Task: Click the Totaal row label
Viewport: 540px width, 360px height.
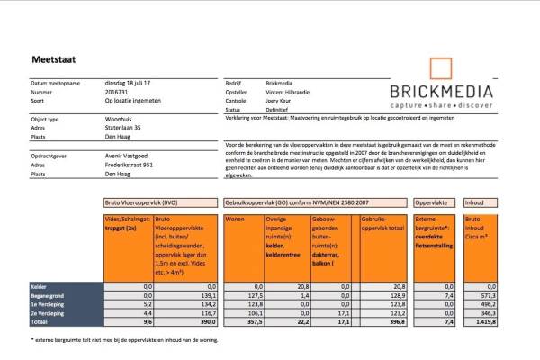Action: (x=38, y=320)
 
